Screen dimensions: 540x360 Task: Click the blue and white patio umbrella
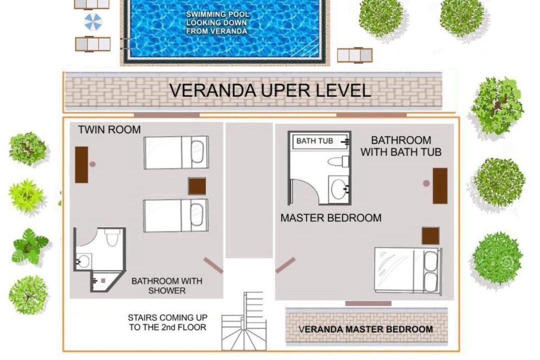93,21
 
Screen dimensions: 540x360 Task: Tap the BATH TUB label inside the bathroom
314,141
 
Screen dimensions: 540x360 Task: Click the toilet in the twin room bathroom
112,237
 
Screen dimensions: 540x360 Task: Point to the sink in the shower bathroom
83,261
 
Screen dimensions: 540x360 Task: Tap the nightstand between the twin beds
197,186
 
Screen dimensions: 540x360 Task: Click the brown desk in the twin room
81,164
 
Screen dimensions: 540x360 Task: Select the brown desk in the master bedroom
440,186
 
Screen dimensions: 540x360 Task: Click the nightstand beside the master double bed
430,235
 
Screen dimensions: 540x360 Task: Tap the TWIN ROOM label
109,130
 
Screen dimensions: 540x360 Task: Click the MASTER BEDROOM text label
331,218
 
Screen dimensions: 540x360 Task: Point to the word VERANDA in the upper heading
213,90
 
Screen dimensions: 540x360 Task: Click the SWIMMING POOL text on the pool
217,14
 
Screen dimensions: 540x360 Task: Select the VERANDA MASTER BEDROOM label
365,329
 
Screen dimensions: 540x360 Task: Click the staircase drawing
244,321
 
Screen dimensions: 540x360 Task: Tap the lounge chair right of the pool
354,55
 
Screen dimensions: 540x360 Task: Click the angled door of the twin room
213,265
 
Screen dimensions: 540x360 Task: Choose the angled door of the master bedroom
285,265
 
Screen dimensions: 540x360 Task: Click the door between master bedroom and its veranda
368,303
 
